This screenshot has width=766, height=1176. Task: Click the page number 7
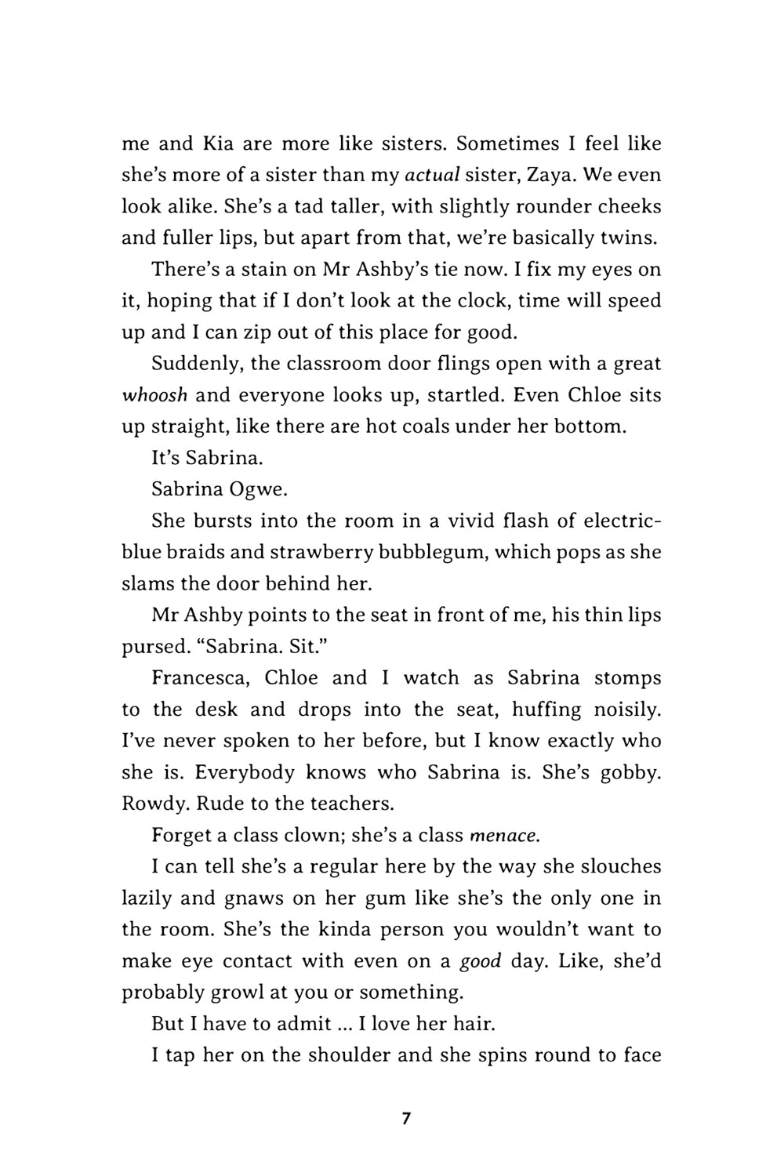[x=405, y=1118]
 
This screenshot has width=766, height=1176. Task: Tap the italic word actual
[x=430, y=175]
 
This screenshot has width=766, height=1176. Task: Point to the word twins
[x=629, y=238]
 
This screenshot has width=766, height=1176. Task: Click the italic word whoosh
[x=154, y=394]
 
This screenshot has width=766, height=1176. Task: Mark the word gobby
[x=630, y=772]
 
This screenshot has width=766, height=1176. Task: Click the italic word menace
[x=504, y=836]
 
